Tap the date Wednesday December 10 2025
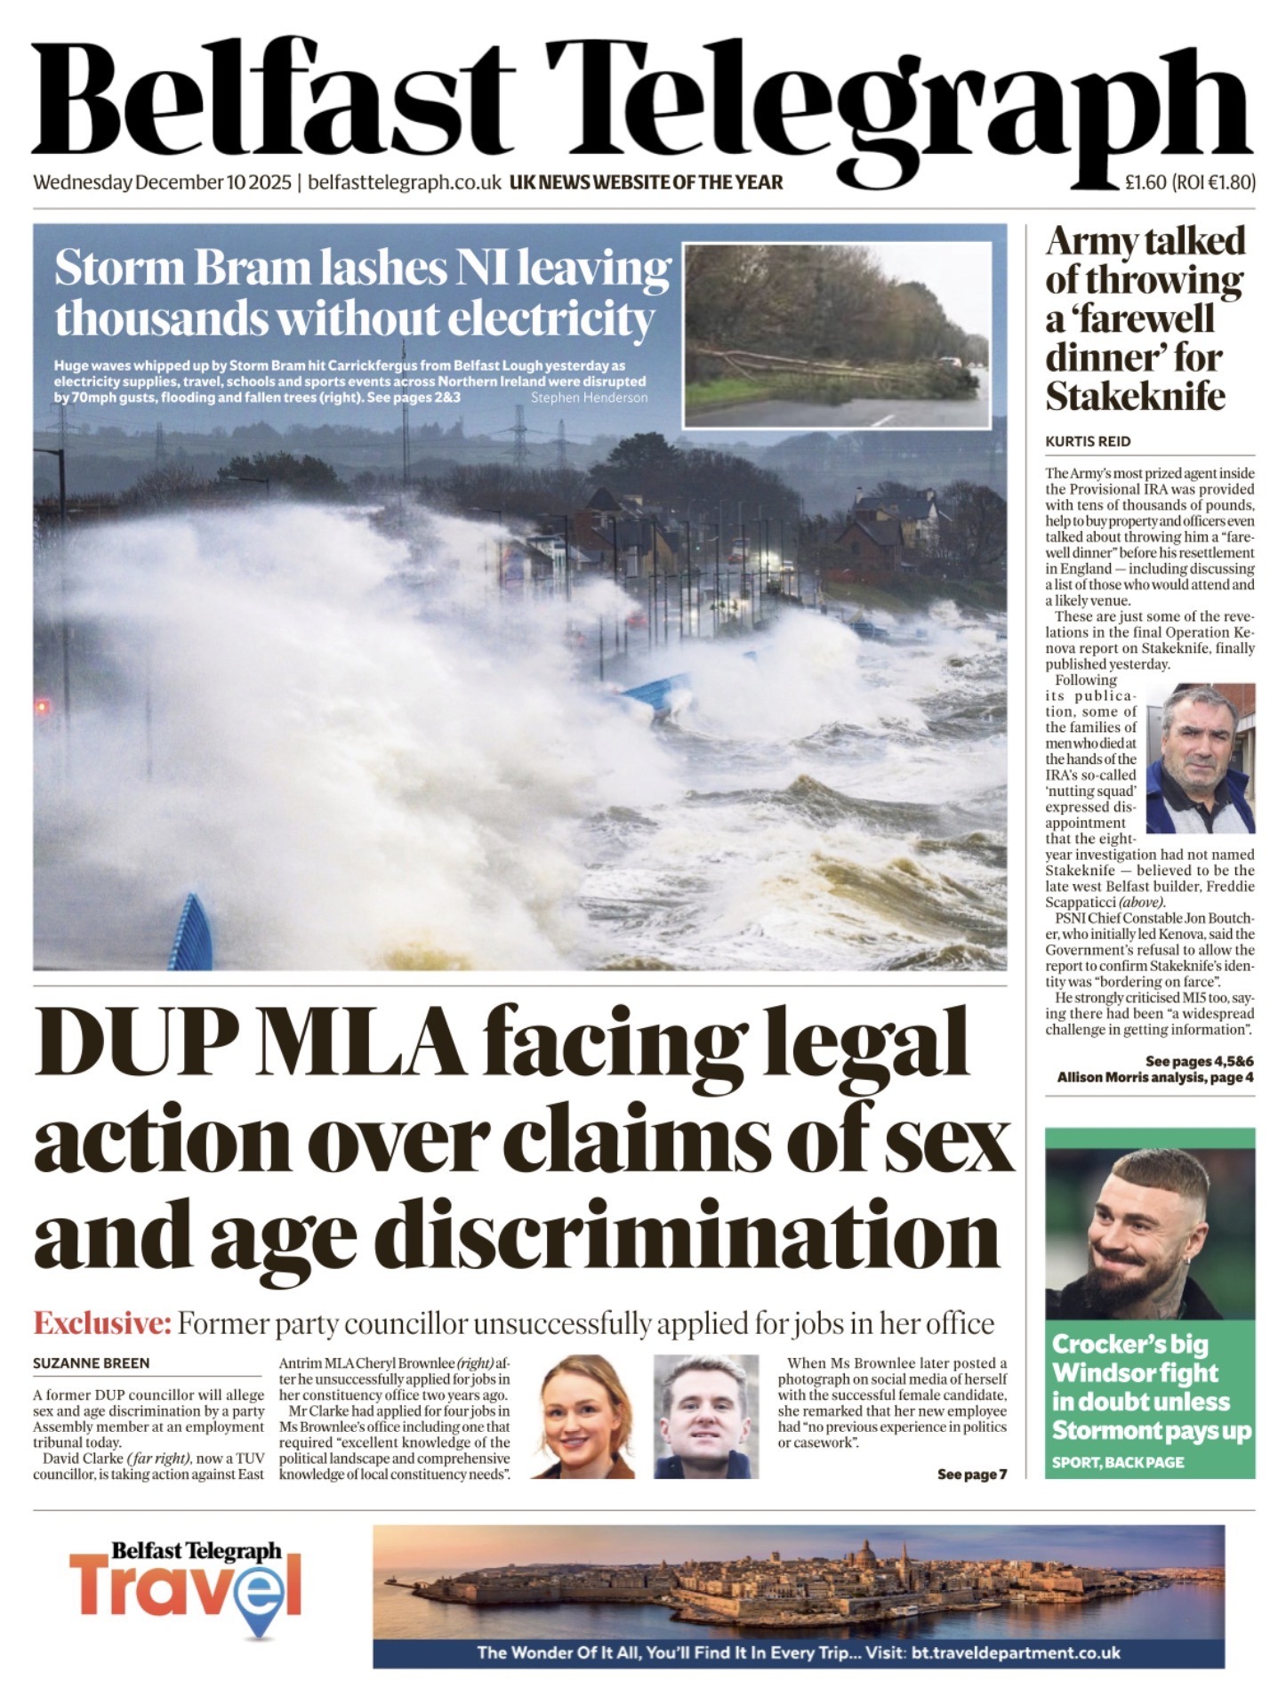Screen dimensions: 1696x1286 coord(163,182)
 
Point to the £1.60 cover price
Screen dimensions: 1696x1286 coord(1144,182)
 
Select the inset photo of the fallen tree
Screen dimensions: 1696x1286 coord(837,335)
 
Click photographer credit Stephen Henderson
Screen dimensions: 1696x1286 coord(589,398)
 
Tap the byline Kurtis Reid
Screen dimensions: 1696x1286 coord(1088,441)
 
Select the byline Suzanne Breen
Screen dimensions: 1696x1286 coord(92,1362)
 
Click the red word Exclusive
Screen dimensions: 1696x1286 coord(101,1323)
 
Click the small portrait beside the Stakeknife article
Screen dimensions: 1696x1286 coord(1200,759)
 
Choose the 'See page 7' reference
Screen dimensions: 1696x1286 coord(971,1475)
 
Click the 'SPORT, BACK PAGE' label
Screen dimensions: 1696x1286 coord(1117,1463)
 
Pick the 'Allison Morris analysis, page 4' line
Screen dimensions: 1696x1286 coord(1155,1078)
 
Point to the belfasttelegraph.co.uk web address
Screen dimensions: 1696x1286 coord(405,182)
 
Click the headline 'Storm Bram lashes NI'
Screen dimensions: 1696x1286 coord(362,269)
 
